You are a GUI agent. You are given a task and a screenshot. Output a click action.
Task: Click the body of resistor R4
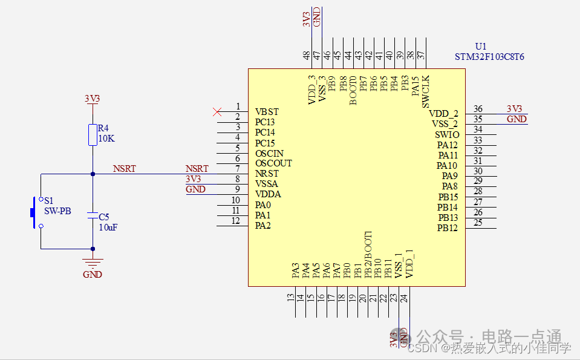click(93, 135)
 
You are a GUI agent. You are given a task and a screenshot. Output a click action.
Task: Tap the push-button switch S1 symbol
click(36, 212)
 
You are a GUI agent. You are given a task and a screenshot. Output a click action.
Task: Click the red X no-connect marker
click(217, 111)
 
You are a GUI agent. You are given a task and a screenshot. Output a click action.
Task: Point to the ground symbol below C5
click(93, 261)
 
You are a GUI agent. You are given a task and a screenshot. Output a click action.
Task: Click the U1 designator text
click(480, 46)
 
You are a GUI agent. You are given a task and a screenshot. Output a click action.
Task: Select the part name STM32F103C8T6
click(489, 57)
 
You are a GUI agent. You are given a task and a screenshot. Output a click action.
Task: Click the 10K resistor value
click(106, 139)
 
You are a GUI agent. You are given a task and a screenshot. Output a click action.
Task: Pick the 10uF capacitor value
click(108, 227)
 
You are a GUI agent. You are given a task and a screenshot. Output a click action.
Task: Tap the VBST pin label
click(267, 112)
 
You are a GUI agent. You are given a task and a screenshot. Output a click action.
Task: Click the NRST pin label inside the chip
click(267, 174)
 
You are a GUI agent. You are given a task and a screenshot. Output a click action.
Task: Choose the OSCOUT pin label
click(273, 163)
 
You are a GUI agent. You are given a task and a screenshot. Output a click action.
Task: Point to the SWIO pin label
click(446, 135)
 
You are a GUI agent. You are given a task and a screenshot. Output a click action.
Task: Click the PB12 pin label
click(447, 228)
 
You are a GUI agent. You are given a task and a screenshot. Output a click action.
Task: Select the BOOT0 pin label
click(353, 91)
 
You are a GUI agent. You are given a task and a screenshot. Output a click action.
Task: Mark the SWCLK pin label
click(426, 91)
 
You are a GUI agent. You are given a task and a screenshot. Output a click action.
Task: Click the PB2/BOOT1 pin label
click(368, 254)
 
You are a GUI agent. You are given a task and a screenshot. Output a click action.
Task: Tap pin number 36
click(478, 109)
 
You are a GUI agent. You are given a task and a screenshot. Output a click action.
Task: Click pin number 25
click(478, 223)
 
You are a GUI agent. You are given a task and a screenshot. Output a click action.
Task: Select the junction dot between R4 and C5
click(93, 174)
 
